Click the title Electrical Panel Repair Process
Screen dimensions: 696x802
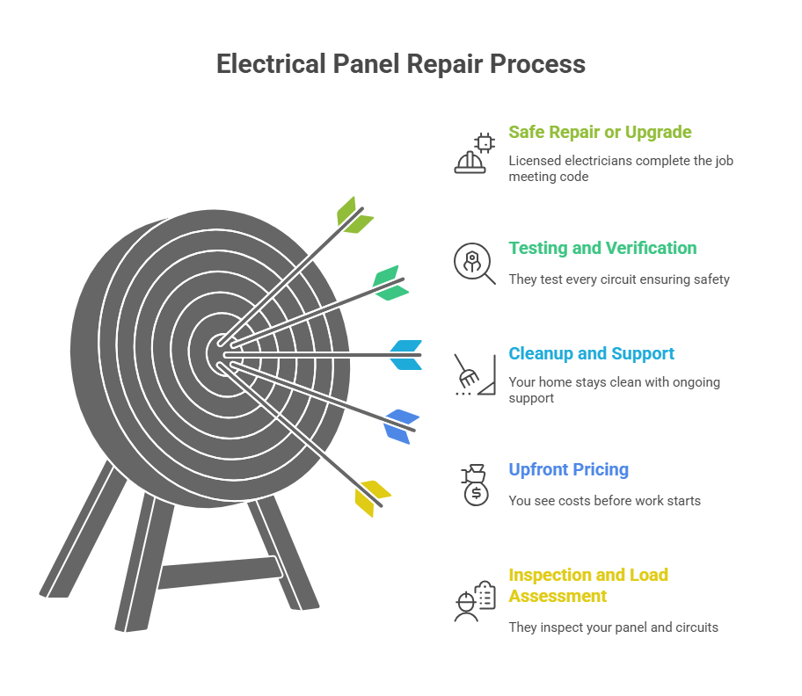tap(401, 64)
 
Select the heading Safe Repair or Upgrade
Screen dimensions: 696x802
tap(600, 133)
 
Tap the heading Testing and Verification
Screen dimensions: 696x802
tap(602, 249)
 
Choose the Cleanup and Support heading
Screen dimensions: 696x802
tap(591, 354)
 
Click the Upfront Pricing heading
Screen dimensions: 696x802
tap(568, 469)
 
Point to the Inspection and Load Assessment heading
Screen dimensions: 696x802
tap(588, 585)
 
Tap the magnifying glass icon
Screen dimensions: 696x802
tap(474, 263)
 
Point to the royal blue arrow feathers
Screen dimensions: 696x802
tap(400, 425)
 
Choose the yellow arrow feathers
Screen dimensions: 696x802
tap(371, 497)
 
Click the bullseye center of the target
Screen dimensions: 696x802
tap(220, 353)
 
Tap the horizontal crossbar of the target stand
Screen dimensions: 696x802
tap(220, 572)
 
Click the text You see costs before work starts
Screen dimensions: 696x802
tap(604, 501)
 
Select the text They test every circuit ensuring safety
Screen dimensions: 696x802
tap(619, 279)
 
